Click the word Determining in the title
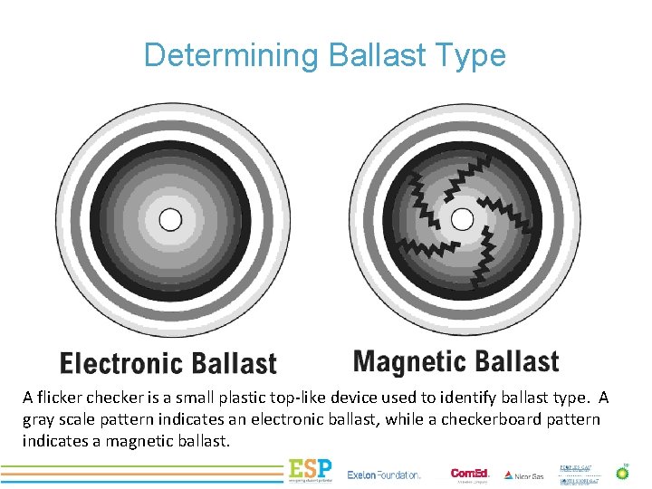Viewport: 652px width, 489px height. (x=230, y=55)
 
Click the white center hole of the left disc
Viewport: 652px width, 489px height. (x=170, y=219)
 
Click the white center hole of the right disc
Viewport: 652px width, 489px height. (x=462, y=219)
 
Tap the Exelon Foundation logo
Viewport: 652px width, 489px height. (x=385, y=475)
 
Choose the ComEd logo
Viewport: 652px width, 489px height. (x=470, y=474)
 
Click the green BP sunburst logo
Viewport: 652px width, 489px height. (x=622, y=472)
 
